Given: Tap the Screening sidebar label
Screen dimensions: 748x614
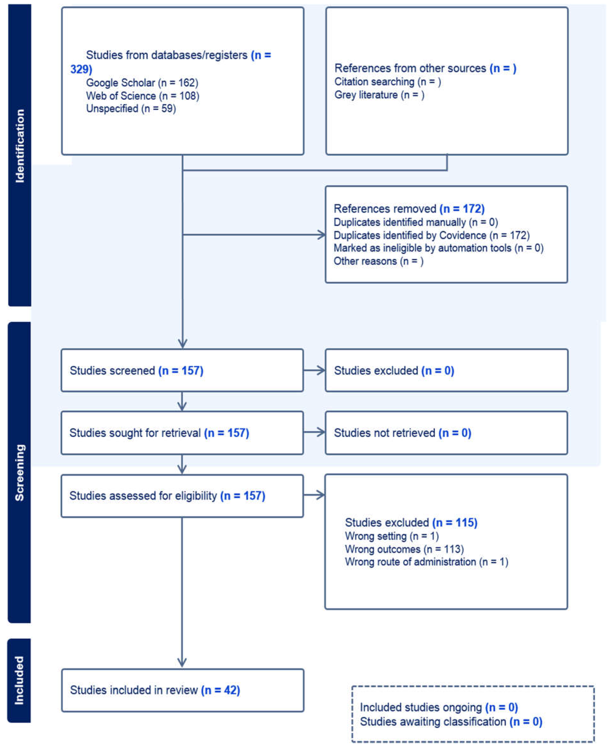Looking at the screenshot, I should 20,473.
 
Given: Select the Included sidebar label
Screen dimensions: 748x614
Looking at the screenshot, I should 19,681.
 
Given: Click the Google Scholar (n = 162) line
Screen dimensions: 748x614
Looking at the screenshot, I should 142,83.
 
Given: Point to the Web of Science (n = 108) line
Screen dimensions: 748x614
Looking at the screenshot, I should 142,96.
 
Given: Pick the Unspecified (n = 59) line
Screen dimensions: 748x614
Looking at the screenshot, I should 131,109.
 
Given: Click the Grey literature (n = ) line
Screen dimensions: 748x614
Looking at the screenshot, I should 379,95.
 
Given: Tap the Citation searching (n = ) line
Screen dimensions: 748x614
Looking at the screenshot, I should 388,82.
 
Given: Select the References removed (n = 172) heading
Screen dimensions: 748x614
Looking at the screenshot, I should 409,209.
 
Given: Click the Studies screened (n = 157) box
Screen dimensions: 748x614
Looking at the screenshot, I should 182,370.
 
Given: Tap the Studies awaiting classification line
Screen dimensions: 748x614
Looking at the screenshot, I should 451,721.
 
